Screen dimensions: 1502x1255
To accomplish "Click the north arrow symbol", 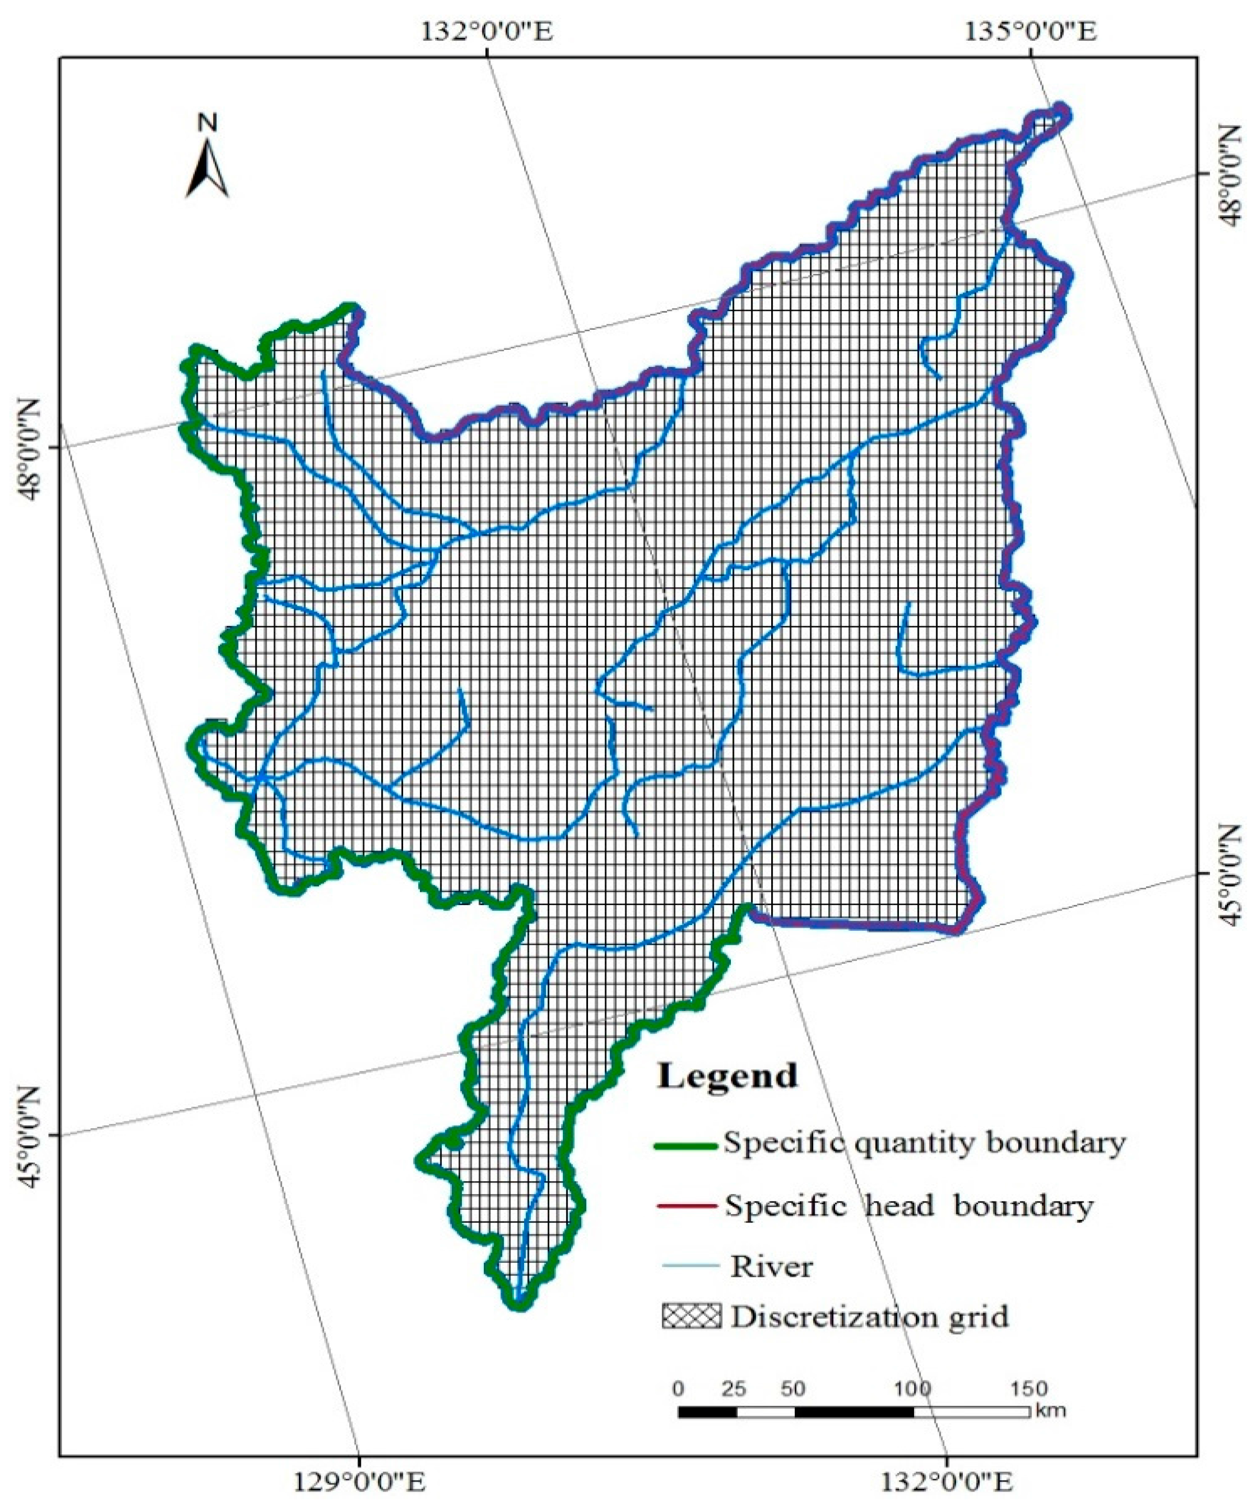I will (x=207, y=168).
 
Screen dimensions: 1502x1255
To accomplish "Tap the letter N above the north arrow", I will (x=207, y=123).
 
